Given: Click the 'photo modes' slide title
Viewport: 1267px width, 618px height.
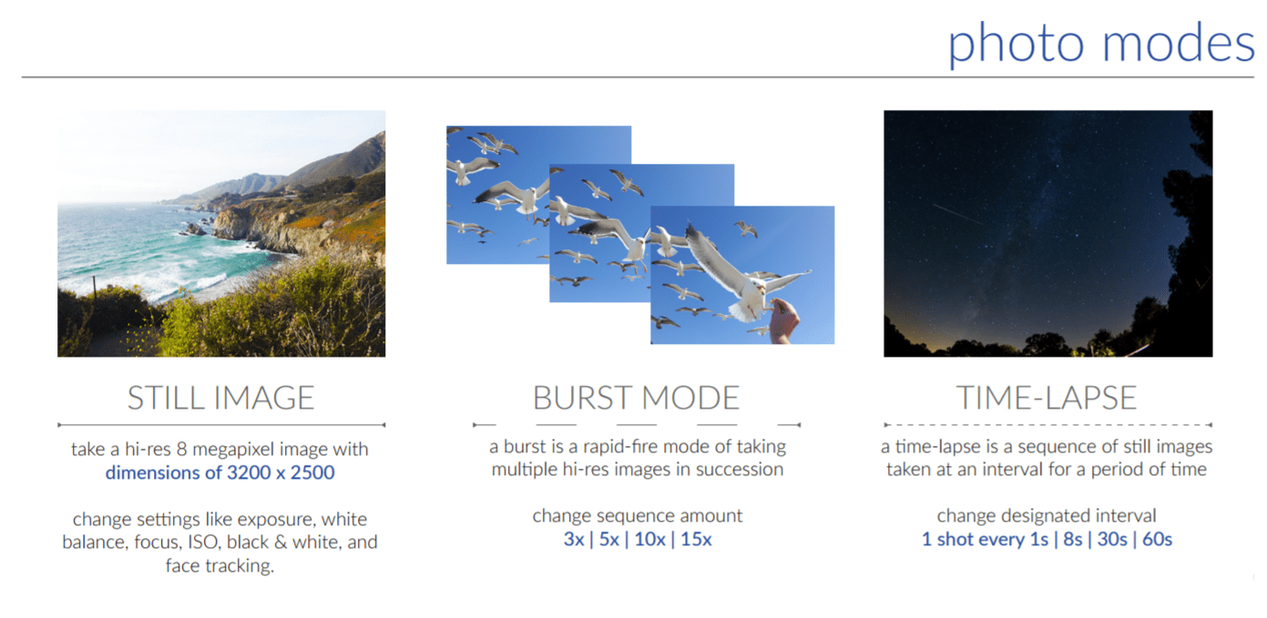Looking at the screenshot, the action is (1100, 44).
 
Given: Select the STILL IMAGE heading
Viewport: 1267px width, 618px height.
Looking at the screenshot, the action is (220, 398).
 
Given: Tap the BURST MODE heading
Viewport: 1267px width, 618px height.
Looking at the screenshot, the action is (637, 398).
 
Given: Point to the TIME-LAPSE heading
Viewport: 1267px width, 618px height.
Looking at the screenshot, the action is (1047, 398).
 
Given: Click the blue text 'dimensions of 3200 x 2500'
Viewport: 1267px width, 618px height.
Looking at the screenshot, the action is (220, 472).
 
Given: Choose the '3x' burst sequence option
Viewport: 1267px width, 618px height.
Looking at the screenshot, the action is (574, 540).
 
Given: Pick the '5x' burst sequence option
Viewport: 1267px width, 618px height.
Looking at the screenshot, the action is (608, 540).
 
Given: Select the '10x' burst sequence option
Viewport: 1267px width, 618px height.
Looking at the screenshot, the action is (649, 540).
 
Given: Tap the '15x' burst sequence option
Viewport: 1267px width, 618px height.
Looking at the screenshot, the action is (696, 540).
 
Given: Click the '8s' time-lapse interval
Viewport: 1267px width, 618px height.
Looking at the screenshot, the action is (1072, 540).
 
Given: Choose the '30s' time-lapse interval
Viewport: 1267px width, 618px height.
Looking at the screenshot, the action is (1112, 540).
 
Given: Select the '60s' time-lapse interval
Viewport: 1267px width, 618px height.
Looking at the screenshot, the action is (1158, 540).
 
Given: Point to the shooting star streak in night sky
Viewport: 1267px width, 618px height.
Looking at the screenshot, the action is (957, 214).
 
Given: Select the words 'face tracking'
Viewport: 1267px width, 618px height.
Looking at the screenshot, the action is (220, 565).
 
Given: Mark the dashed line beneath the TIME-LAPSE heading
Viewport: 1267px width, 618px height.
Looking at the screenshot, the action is (1048, 425).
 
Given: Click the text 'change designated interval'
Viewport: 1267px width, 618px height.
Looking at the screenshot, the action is (1047, 516).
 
